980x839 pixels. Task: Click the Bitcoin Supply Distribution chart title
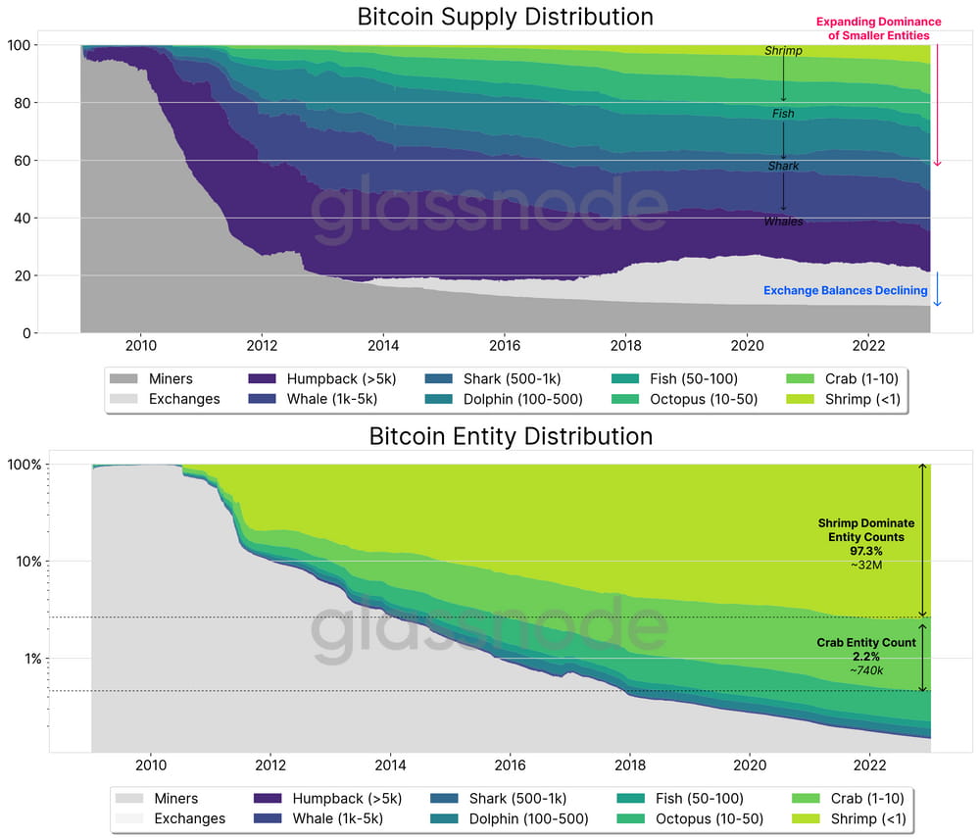[505, 17]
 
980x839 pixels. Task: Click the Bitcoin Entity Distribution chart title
[511, 436]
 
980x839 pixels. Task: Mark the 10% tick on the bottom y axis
[26, 562]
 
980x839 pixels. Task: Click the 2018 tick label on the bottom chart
[629, 765]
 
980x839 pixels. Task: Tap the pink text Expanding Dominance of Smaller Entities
[878, 28]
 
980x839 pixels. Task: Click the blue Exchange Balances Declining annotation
[845, 291]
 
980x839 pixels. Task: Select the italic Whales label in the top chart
[783, 222]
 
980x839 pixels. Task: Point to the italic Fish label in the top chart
[782, 114]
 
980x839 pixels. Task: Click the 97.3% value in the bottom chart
[866, 551]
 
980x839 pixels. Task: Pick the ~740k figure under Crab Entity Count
[866, 669]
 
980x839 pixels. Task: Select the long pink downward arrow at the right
[937, 104]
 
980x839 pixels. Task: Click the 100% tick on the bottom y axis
[24, 465]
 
